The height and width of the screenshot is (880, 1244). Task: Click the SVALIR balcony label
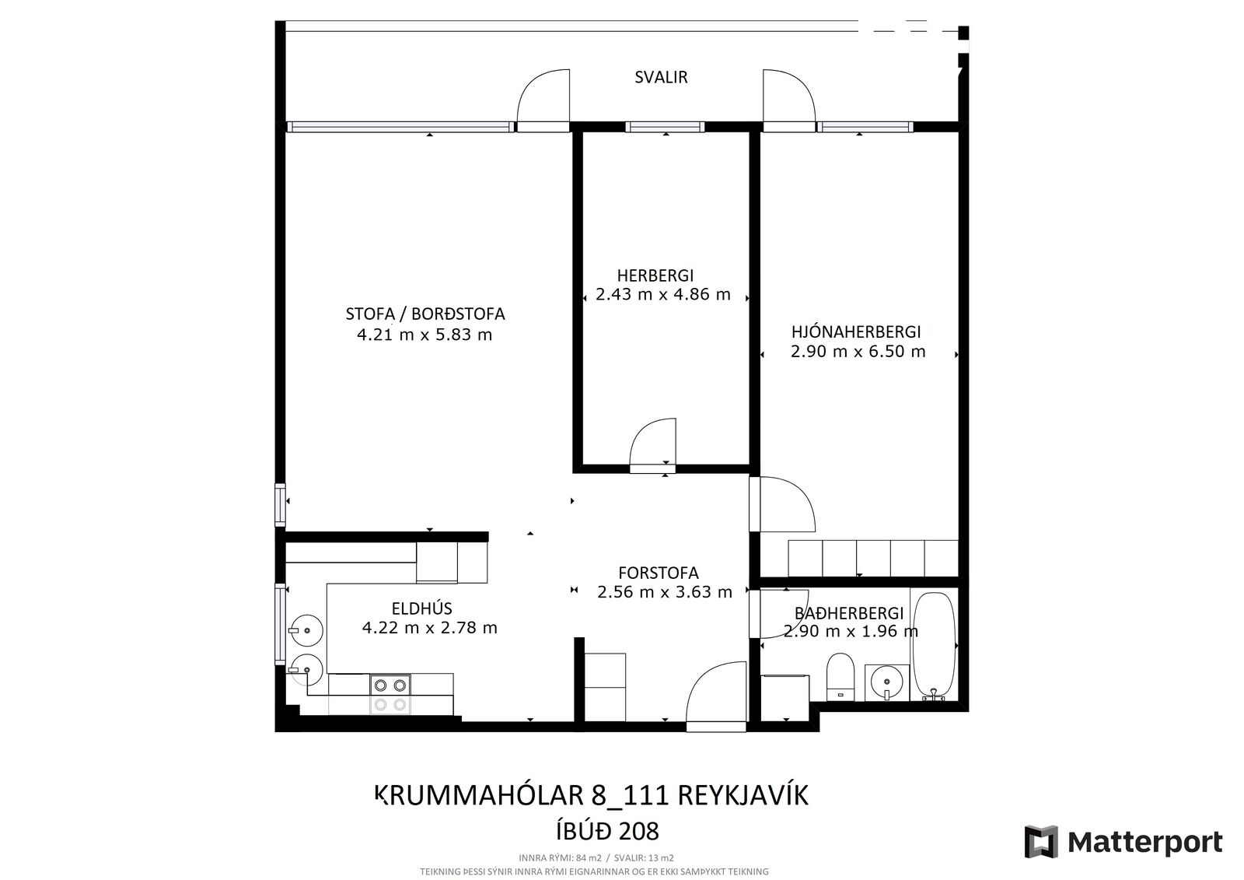coord(661,77)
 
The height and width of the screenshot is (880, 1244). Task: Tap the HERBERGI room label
coord(655,275)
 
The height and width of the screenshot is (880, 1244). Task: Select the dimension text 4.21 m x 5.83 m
coord(425,335)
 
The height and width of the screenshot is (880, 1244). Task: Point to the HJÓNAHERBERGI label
coord(856,332)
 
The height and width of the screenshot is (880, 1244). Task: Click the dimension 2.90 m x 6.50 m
coord(858,352)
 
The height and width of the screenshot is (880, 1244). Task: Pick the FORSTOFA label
coord(658,573)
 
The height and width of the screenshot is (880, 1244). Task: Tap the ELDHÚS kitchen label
coord(421,608)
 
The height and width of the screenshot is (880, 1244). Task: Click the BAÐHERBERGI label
coord(849,613)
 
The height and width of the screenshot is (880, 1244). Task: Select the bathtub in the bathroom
coord(935,646)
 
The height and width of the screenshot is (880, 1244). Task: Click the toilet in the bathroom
coord(840,677)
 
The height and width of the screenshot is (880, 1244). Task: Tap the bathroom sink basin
coord(886,682)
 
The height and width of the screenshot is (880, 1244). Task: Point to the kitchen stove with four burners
coord(390,694)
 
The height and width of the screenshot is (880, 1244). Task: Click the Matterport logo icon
coord(1041,842)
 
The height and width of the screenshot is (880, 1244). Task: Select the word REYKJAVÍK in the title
coord(743,796)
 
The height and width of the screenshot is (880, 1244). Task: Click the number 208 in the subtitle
coord(638,832)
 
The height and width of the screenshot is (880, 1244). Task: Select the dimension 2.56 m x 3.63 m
coord(665,591)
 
